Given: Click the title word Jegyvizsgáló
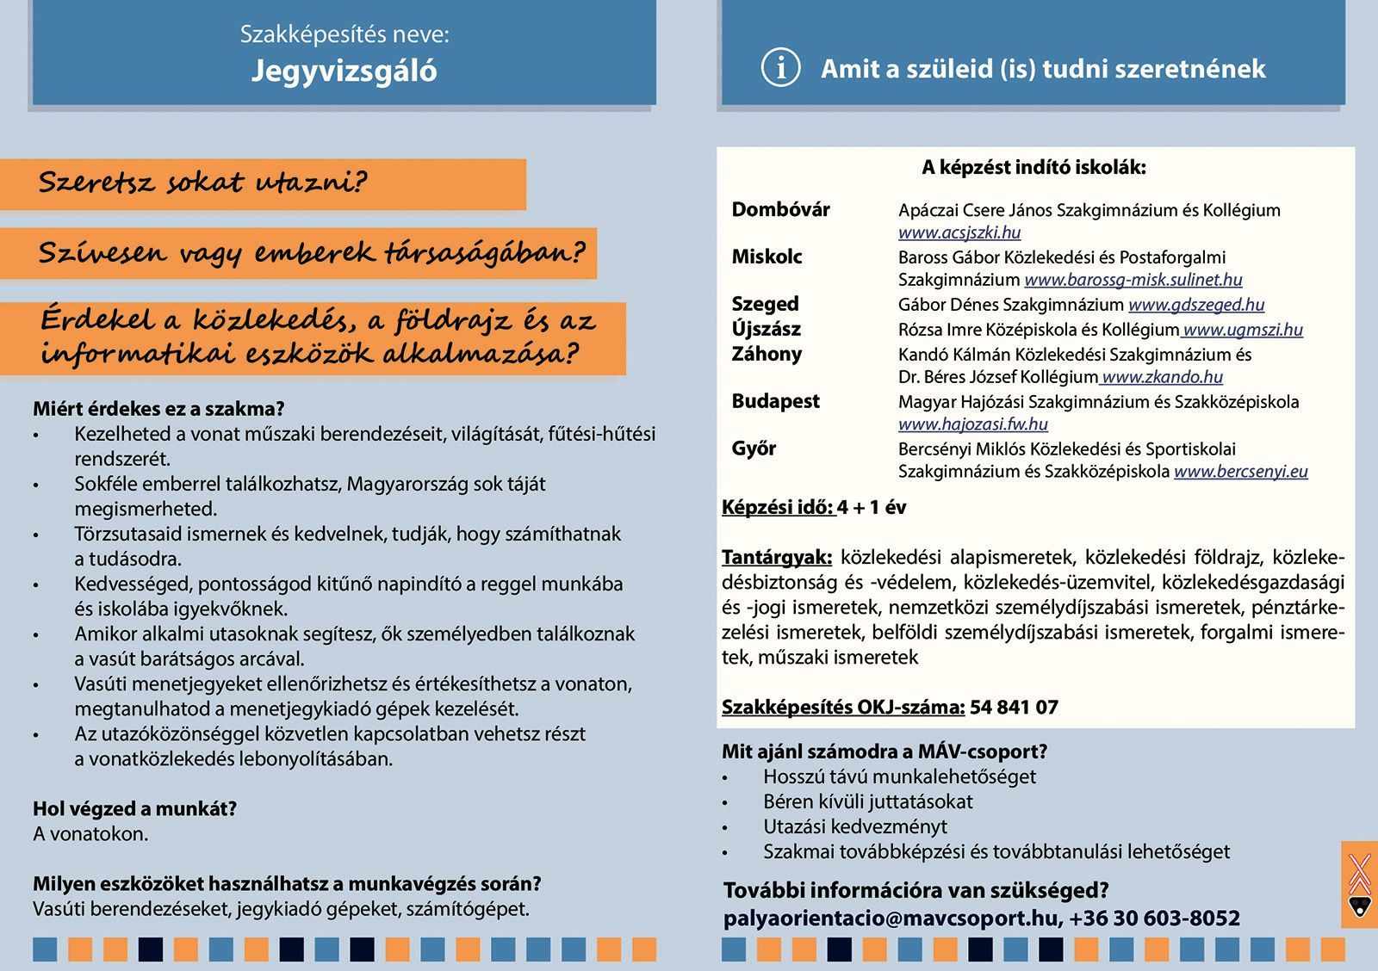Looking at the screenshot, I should tap(344, 71).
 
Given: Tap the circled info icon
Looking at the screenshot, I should tap(780, 68).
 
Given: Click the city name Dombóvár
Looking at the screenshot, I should tap(780, 209).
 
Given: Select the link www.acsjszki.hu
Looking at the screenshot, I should tap(959, 232).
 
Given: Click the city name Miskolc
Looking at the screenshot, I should tap(767, 257).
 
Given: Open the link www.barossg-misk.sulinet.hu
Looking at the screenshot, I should tap(1133, 280).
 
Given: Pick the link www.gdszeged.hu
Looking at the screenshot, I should tap(1196, 305).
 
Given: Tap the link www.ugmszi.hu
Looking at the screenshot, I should tap(1243, 330).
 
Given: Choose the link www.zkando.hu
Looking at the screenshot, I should tap(1162, 377).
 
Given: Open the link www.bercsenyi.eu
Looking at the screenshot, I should tap(1240, 472).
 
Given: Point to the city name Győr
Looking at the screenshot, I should tap(754, 448).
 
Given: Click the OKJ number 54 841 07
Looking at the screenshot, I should tap(1014, 708).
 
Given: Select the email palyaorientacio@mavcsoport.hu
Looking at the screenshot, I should tap(890, 918).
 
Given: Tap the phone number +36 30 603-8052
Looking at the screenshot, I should tap(1155, 918).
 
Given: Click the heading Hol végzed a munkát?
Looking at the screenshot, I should tap(134, 808).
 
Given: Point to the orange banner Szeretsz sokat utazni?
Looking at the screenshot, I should tap(203, 183).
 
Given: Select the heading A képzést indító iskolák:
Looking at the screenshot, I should tap(1033, 168).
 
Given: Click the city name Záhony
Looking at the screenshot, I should tap(767, 354).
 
